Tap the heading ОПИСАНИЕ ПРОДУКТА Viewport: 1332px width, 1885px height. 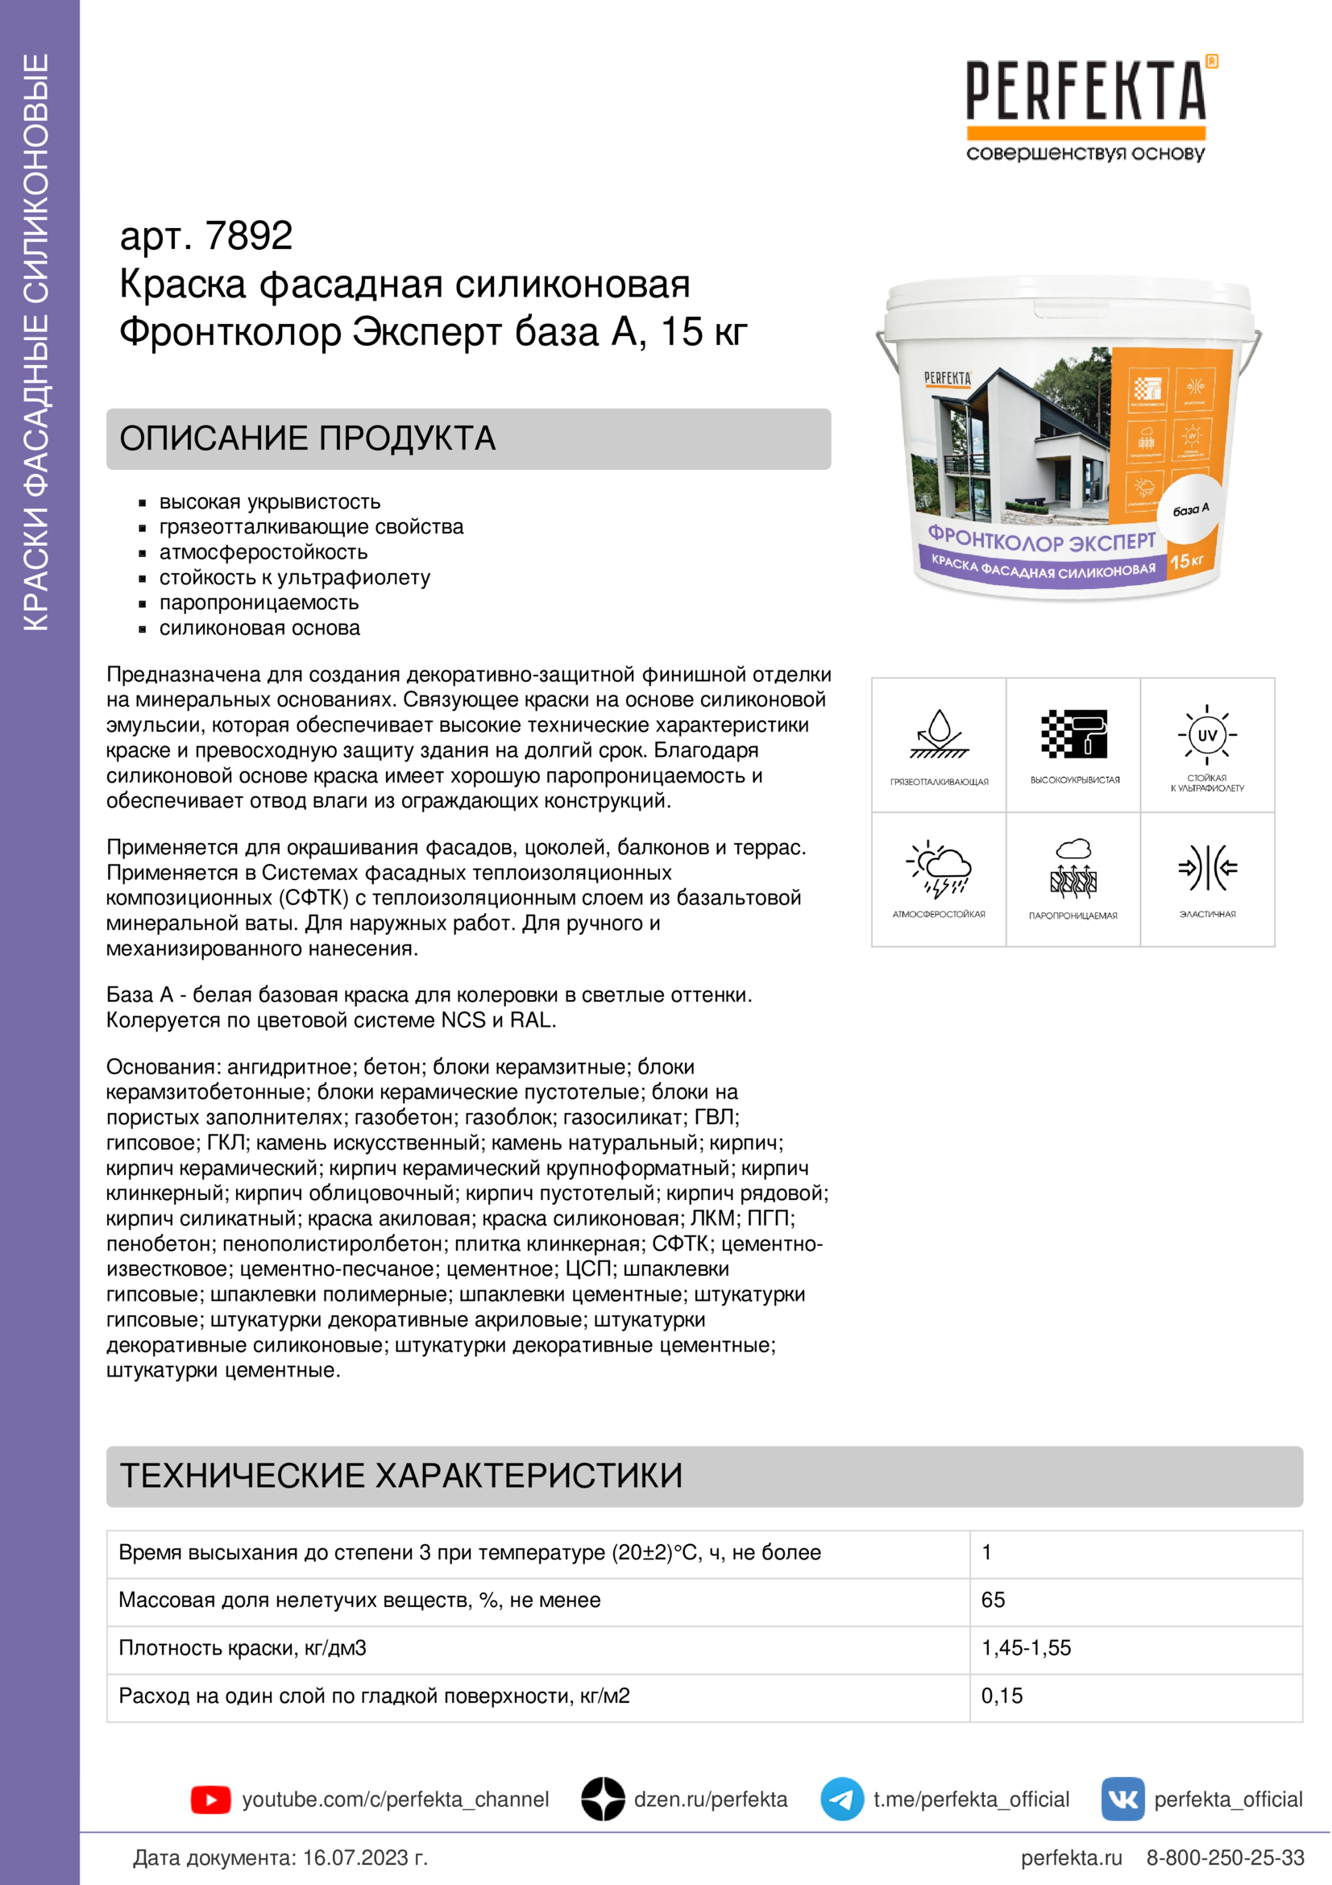point(308,438)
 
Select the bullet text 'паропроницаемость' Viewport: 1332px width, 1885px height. point(259,603)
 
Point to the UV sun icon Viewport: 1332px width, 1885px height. point(1206,735)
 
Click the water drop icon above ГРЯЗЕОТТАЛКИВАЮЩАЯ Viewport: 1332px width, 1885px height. point(939,733)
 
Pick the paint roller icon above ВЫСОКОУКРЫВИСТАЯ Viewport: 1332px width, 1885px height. point(1073,733)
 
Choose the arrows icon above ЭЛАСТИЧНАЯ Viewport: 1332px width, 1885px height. point(1207,868)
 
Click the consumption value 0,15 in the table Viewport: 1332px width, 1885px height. point(1002,1696)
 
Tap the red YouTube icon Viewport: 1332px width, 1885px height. point(211,1800)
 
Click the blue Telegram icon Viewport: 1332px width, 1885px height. point(842,1800)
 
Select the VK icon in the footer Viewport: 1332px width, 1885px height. point(1122,1800)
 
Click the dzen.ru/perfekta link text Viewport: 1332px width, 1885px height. point(710,1800)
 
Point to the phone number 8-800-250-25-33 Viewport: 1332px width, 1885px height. point(1225,1858)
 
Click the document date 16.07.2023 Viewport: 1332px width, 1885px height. point(365,1858)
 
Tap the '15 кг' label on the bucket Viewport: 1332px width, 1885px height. point(1187,562)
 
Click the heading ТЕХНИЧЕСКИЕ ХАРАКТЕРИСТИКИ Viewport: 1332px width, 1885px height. point(401,1476)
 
